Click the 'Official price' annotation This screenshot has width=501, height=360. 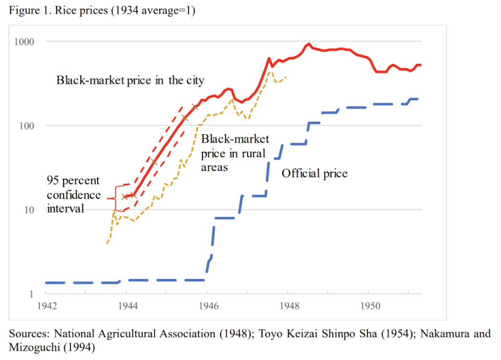314,173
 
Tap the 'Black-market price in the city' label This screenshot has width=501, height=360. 130,80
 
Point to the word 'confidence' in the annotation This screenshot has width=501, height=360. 73,195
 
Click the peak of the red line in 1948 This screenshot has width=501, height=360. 309,44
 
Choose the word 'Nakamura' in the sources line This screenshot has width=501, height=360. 425,334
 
